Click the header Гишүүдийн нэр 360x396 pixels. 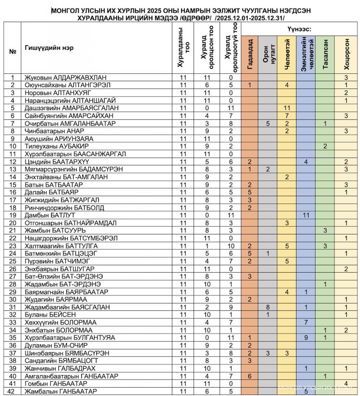pyautogui.click(x=49, y=48)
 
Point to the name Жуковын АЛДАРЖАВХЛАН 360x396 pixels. pyautogui.click(x=65, y=77)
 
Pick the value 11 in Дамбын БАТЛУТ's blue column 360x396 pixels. pyautogui.click(x=306, y=215)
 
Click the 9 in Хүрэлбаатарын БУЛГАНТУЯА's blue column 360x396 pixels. pyautogui.click(x=306, y=337)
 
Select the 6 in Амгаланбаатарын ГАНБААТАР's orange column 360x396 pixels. pyautogui.click(x=250, y=376)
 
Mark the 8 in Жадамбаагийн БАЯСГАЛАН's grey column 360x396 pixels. pyautogui.click(x=268, y=307)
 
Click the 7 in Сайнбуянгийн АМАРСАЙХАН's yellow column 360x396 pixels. pyautogui.click(x=287, y=116)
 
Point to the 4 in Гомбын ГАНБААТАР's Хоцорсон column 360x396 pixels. pyautogui.click(x=346, y=383)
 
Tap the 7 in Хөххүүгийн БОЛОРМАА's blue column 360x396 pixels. pyautogui.click(x=306, y=322)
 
